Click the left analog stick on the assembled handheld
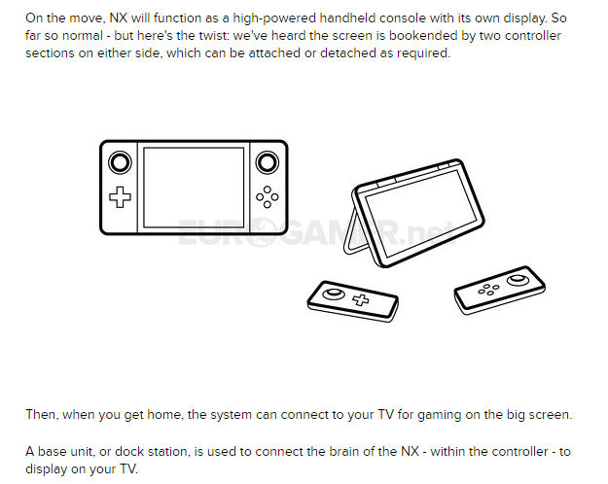click(x=120, y=162)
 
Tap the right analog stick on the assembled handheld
click(x=268, y=162)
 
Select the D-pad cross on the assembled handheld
click(x=120, y=197)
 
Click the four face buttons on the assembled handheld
click(x=268, y=197)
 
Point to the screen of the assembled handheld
click(x=194, y=188)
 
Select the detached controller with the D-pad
click(x=353, y=301)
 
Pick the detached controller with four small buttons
click(x=500, y=290)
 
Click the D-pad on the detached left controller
click(x=361, y=299)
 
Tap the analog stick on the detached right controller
click(x=519, y=280)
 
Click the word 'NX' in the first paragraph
click(x=119, y=18)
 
